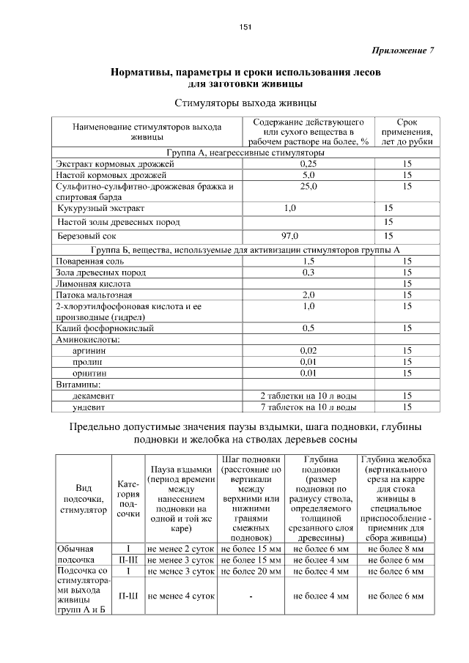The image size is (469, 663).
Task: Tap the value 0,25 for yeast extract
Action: pos(309,164)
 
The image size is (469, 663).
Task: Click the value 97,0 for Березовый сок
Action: pos(290,236)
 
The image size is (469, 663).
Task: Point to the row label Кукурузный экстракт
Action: pos(96,209)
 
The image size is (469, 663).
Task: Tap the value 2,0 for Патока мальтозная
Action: pos(309,295)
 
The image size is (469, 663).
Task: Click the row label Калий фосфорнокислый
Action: pos(105,328)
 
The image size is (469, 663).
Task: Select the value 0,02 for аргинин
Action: pos(309,351)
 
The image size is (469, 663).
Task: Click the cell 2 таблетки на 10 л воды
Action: pos(309,396)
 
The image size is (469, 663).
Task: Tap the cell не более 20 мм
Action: pos(250,570)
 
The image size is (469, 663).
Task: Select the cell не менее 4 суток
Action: pos(180,596)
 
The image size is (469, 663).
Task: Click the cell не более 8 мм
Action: pos(396,548)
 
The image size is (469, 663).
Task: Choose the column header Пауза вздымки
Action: pos(180,498)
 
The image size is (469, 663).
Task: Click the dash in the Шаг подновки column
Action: pos(250,596)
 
